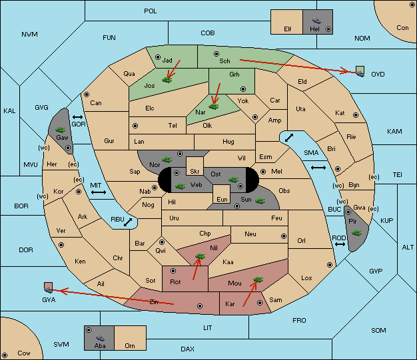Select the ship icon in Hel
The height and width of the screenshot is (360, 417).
coord(316,20)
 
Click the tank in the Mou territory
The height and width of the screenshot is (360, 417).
coord(257,281)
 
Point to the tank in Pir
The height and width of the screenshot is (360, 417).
coord(357,233)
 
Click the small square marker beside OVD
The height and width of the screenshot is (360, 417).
coord(360,70)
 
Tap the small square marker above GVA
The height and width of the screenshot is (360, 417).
coord(48,287)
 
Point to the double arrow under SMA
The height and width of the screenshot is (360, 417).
coord(318,168)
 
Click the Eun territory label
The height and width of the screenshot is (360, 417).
coord(222,199)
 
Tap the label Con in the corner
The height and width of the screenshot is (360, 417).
coord(402,28)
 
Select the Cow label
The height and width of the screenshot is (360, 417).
coord(24,353)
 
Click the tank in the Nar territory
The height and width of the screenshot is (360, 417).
coord(213,105)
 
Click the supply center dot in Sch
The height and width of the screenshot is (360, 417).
coord(215,53)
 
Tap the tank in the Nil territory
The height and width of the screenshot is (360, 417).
coord(199,256)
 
